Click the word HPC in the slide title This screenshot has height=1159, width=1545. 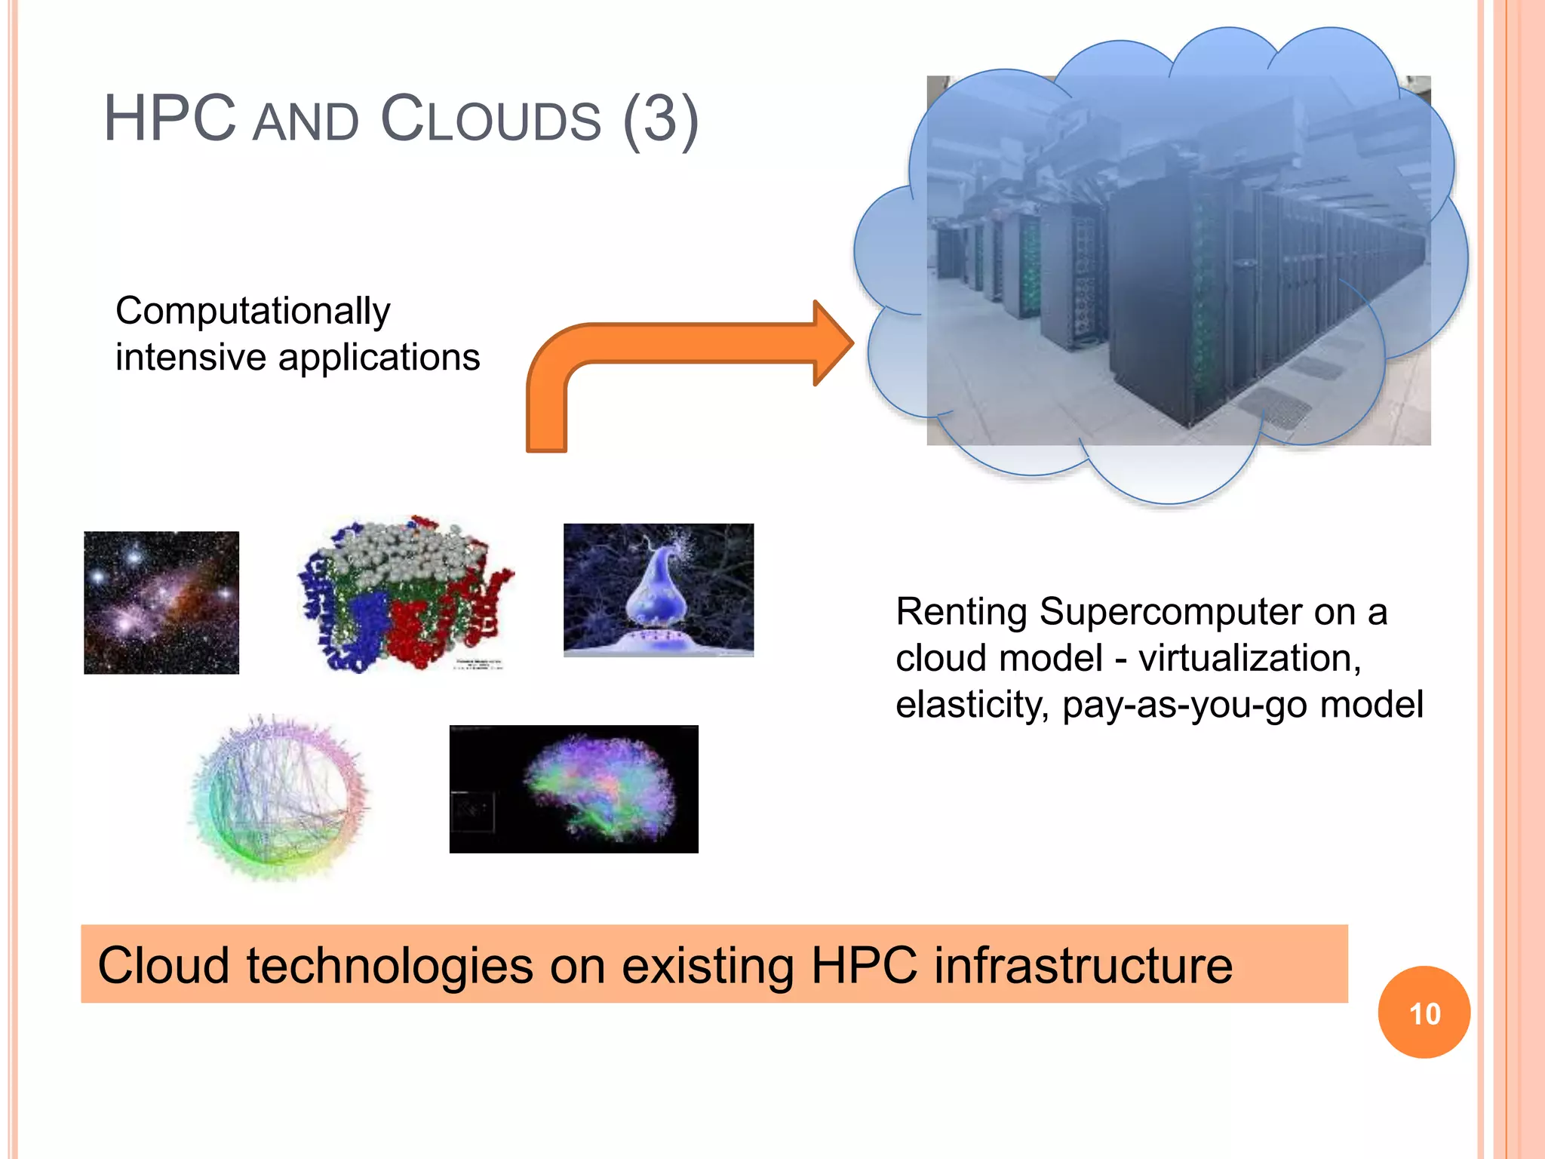[170, 119]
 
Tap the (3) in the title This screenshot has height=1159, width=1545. [661, 119]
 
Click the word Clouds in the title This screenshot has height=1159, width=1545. [491, 119]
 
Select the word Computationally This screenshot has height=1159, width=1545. [253, 311]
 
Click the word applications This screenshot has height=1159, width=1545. [379, 357]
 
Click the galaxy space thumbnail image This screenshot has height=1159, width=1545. [161, 602]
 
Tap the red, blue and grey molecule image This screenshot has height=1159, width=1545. [404, 595]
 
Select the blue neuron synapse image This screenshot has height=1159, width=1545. [658, 589]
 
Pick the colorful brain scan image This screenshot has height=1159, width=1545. [573, 789]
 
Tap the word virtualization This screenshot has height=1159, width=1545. [1249, 658]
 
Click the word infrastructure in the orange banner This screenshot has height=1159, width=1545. [1083, 965]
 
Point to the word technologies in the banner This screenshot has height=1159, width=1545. [389, 965]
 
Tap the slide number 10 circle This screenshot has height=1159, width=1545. [1424, 1013]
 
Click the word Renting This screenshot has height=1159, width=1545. [960, 612]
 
